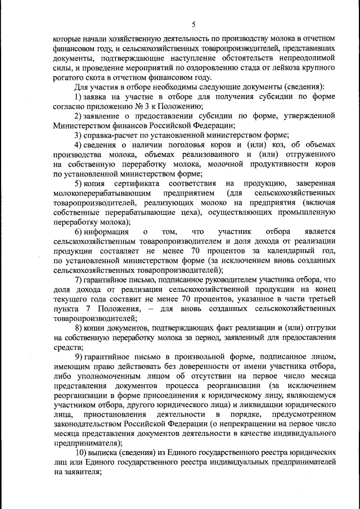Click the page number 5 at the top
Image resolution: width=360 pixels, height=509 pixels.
click(x=193, y=24)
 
